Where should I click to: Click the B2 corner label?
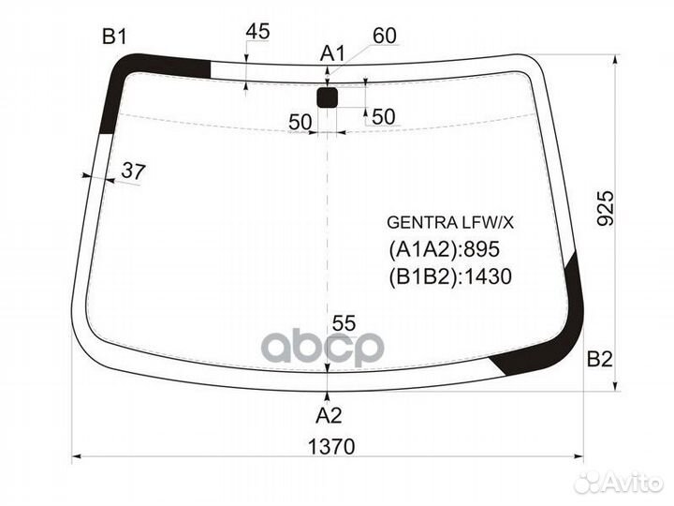click(599, 358)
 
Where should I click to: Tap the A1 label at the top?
click(332, 53)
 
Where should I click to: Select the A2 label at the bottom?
click(327, 415)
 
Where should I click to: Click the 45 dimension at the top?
click(257, 32)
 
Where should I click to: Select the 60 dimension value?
click(385, 36)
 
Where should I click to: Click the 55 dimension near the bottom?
click(344, 322)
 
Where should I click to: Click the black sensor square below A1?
click(327, 97)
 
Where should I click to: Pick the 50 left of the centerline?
click(300, 121)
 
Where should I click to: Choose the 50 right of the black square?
click(384, 116)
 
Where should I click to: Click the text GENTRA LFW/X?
click(451, 223)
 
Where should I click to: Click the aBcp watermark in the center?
click(322, 348)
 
